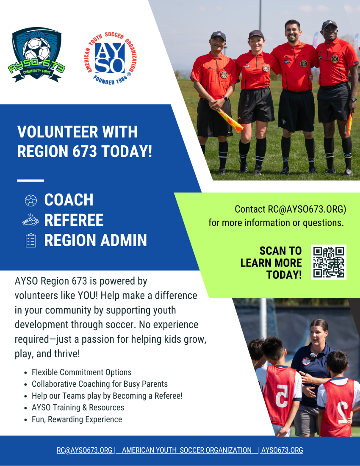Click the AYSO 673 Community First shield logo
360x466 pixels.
pyautogui.click(x=36, y=55)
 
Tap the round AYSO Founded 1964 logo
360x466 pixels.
pyautogui.click(x=110, y=58)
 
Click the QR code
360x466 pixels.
pyautogui.click(x=329, y=262)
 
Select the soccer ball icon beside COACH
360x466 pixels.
pyautogui.click(x=31, y=200)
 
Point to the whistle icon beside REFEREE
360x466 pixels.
pyautogui.click(x=30, y=220)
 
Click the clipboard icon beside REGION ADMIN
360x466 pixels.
pyautogui.click(x=31, y=240)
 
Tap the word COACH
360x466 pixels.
pyautogui.click(x=69, y=200)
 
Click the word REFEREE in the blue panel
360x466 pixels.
pyautogui.click(x=74, y=220)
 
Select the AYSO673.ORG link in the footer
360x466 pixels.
pyautogui.click(x=282, y=450)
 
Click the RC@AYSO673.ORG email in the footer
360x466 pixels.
pyautogui.click(x=85, y=450)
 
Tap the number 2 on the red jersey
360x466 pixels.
pyautogui.click(x=342, y=412)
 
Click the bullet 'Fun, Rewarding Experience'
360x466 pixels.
pyautogui.click(x=77, y=419)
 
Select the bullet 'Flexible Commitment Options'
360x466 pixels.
pyautogui.click(x=82, y=372)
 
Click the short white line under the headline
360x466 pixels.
pyautogui.click(x=30, y=180)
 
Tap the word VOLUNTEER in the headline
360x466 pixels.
pyautogui.click(x=58, y=132)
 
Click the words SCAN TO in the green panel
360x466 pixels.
pyautogui.click(x=281, y=251)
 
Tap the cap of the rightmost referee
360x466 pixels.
pyautogui.click(x=329, y=25)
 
